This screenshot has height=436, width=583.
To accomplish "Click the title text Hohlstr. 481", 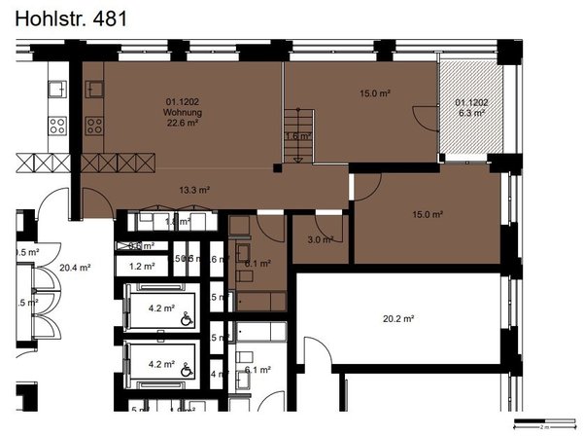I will click(x=71, y=17).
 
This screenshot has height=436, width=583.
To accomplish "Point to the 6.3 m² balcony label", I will click(x=471, y=113).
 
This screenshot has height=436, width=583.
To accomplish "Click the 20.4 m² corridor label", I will click(x=75, y=268).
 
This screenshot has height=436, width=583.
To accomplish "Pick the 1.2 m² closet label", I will click(x=143, y=266).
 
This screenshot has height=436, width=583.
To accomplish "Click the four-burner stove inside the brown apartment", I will click(x=96, y=125).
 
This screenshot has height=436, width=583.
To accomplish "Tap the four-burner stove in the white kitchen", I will click(x=57, y=125).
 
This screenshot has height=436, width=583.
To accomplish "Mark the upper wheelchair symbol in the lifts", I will click(x=186, y=316).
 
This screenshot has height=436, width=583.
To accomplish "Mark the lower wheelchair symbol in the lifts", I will click(x=186, y=370).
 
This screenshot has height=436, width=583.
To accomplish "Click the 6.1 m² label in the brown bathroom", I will click(x=257, y=263).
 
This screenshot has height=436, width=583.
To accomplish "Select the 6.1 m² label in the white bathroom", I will click(x=257, y=370).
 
